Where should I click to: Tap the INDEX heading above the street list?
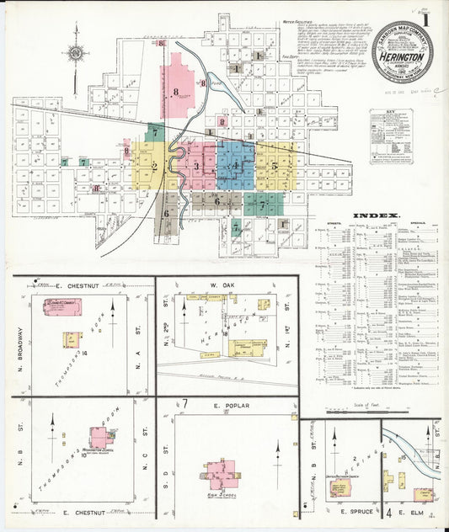pyautogui.click(x=375, y=216)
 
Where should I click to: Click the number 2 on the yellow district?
pyautogui.click(x=155, y=165)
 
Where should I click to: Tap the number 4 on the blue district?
pyautogui.click(x=238, y=166)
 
